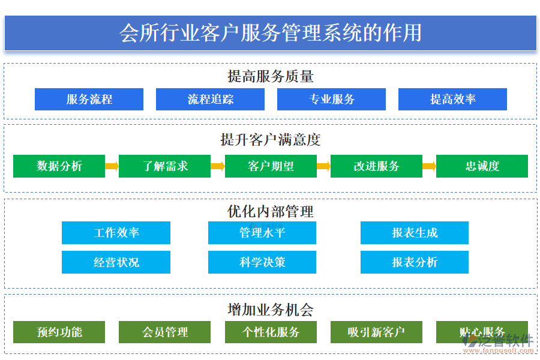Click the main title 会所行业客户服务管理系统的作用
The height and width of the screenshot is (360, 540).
(270, 32)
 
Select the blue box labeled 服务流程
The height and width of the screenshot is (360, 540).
(89, 100)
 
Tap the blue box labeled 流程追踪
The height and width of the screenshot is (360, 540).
(210, 100)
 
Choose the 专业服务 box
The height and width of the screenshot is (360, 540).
(331, 100)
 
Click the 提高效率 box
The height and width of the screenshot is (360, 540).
(452, 100)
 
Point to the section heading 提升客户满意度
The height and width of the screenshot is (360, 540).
(270, 140)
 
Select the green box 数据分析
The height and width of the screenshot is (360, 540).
(59, 166)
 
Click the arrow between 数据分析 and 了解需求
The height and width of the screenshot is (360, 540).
(112, 166)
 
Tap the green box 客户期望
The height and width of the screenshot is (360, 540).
(271, 166)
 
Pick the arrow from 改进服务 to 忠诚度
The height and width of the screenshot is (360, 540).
(428, 166)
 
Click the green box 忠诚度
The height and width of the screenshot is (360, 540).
(482, 166)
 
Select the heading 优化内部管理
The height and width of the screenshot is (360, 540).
(270, 211)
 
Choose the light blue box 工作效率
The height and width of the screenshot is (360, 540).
(116, 233)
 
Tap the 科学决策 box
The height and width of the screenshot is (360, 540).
(262, 262)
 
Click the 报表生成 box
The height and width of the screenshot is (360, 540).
(414, 233)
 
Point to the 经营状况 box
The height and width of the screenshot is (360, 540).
(116, 262)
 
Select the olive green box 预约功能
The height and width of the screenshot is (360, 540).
(59, 332)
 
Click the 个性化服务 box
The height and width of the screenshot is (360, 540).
(271, 332)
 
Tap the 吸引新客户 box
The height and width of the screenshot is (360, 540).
(376, 332)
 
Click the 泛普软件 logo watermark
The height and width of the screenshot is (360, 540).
(498, 342)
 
